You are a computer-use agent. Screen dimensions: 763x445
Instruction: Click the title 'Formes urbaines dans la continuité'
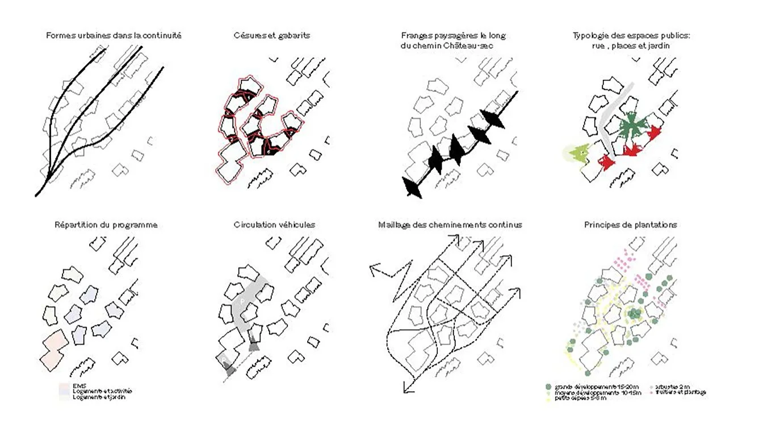[x=114, y=36]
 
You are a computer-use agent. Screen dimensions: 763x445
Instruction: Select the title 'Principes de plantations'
[x=630, y=225]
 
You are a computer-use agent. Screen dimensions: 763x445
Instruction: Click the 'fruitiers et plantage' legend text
[x=681, y=392]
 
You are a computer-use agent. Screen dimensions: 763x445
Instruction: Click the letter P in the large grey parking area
[x=242, y=302]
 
